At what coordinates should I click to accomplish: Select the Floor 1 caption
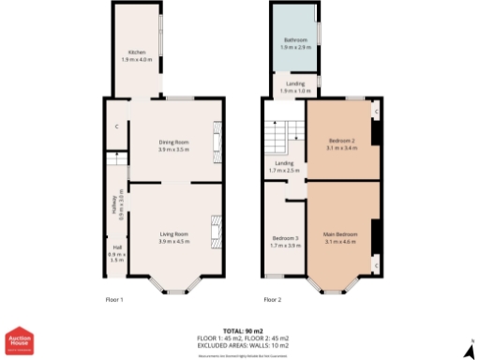tap(114, 300)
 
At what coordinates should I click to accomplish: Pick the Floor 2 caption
tap(273, 300)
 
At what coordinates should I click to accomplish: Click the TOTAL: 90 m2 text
tap(243, 331)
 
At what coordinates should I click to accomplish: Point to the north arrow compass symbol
tap(468, 349)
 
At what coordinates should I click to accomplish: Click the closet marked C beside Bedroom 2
tap(375, 112)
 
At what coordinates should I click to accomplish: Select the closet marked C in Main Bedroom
tap(375, 265)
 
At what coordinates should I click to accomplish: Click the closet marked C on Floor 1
tap(116, 127)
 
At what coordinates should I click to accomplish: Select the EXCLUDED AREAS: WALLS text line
tap(243, 344)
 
